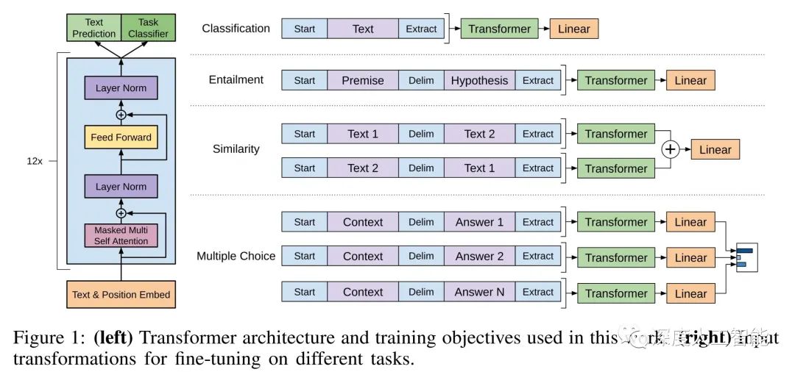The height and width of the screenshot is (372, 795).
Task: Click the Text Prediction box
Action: point(94,28)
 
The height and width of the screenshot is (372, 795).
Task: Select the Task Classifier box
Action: point(147,28)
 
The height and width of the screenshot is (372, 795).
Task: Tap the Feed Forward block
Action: point(121,137)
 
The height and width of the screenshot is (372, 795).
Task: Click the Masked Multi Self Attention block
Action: point(121,235)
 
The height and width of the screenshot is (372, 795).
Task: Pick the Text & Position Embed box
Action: point(121,295)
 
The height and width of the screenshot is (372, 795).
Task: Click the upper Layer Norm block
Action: point(121,88)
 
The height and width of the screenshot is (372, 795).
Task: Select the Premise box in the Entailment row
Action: point(363,80)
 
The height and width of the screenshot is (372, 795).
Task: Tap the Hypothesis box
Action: point(479,80)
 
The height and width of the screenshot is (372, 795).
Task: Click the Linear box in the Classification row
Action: point(573,29)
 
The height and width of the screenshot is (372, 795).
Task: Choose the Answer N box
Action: point(479,292)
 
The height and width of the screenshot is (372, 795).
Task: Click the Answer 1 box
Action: point(479,222)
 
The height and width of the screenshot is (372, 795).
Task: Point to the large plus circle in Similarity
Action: point(670,150)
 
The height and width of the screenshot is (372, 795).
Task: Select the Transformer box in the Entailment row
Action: point(616,80)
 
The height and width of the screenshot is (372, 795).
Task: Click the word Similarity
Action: point(236,149)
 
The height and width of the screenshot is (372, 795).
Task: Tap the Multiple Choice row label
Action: point(236,257)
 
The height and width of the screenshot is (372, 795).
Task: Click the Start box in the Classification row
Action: point(304,29)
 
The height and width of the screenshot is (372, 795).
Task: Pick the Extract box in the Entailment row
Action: point(537,80)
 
